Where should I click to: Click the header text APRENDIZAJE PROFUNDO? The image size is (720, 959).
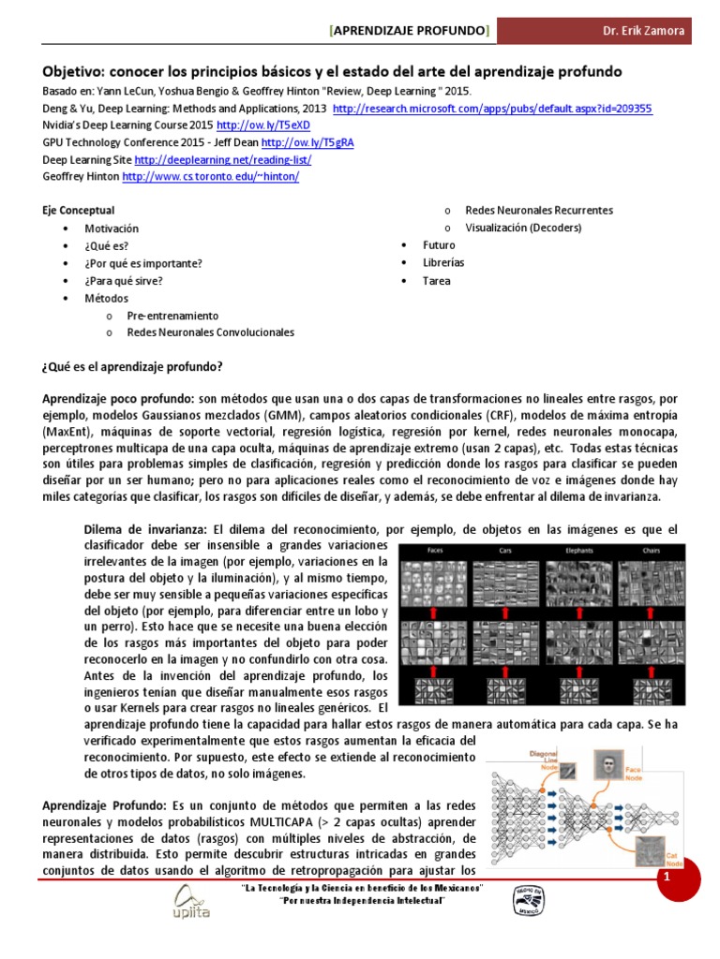coord(409,31)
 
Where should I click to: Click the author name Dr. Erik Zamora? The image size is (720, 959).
coord(643,31)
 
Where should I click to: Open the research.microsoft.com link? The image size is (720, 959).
coord(492,109)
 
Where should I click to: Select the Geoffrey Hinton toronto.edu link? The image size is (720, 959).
coord(210,177)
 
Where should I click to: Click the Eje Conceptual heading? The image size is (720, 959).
coord(79,211)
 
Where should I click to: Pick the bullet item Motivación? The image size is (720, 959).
coord(111,229)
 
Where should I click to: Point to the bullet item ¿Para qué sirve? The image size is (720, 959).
coord(123,280)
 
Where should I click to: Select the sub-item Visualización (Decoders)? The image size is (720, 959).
coord(523,228)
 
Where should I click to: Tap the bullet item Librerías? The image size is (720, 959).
coord(443,263)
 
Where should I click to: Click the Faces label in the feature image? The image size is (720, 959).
coord(435,550)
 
